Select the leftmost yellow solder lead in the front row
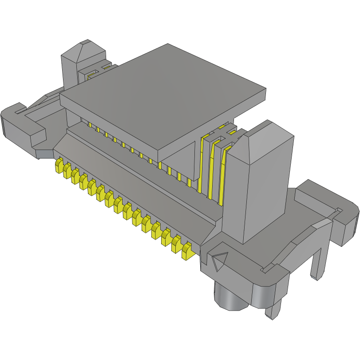(58, 166)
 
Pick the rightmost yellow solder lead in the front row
(187, 251)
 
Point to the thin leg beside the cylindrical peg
(275, 306)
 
